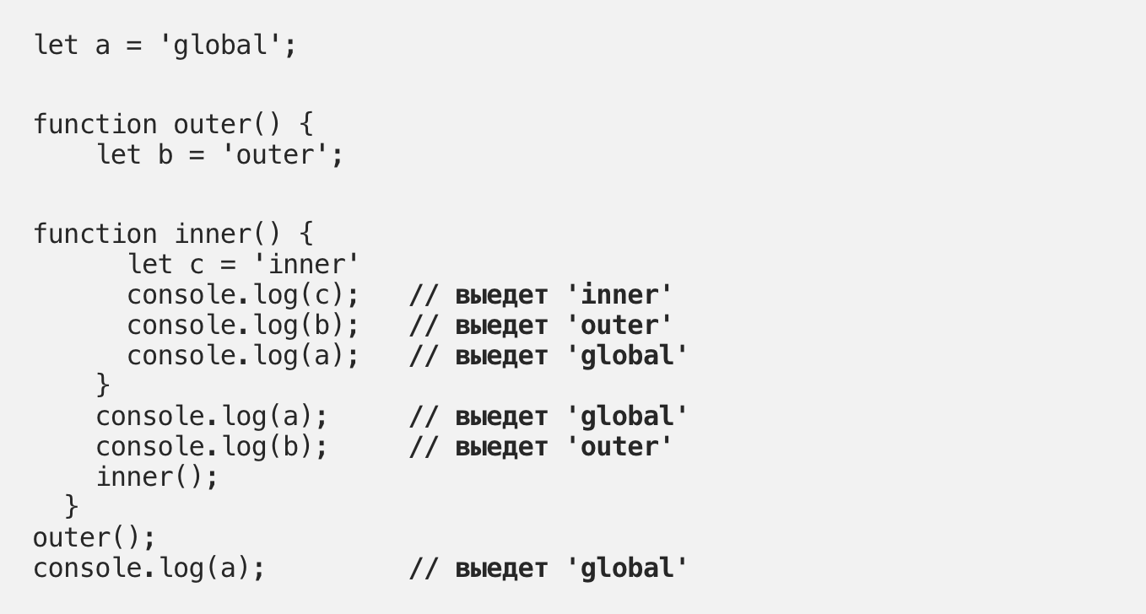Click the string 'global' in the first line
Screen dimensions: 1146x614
click(220, 45)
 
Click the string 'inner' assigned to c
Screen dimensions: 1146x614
click(313, 264)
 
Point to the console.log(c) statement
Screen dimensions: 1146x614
click(243, 295)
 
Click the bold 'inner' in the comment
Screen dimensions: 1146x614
click(619, 295)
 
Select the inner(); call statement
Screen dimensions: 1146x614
click(157, 477)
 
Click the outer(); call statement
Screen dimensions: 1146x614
click(94, 538)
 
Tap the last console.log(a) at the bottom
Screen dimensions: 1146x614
click(149, 568)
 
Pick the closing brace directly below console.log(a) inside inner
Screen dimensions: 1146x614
click(103, 385)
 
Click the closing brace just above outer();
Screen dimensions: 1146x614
click(72, 507)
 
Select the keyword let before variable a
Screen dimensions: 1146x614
click(56, 45)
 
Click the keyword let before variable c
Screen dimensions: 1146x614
click(150, 264)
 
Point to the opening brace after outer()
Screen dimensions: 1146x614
click(305, 125)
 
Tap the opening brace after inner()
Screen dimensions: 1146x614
click(305, 234)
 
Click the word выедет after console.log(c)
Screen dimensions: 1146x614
click(500, 296)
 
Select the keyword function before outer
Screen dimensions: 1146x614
click(95, 125)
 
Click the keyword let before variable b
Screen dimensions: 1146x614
click(119, 155)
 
